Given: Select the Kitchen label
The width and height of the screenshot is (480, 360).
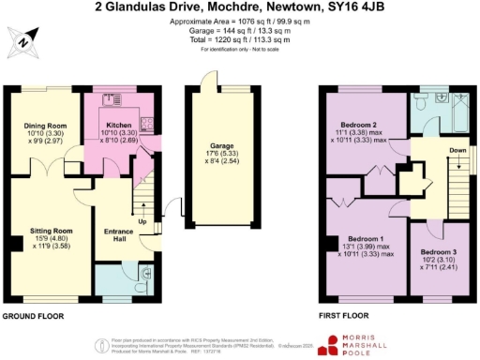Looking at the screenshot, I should point(118,125).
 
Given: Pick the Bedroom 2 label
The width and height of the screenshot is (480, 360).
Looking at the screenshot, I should point(360,126).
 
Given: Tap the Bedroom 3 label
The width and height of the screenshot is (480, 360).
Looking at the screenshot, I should point(439,252).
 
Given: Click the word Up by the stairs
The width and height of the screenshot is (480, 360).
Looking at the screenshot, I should point(142,221).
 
